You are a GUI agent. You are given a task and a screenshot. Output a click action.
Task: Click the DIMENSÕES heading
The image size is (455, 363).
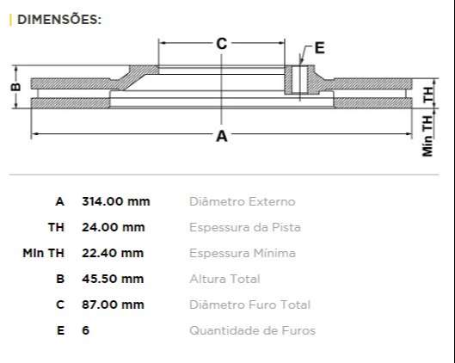tap(58, 19)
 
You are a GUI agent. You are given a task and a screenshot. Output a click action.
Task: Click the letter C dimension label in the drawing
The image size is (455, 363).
tap(221, 43)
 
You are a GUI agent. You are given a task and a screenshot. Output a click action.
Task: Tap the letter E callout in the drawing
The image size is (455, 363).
tap(319, 47)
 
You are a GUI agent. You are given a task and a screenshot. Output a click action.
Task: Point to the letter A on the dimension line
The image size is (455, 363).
tap(221, 136)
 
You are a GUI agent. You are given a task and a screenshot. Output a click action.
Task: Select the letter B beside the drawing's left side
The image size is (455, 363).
tap(14, 88)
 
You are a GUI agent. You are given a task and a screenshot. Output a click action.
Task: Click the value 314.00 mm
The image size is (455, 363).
tap(115, 201)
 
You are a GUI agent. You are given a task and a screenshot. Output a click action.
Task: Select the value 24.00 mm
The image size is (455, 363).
tap(113, 227)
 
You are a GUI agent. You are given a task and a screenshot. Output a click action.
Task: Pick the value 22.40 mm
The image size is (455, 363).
tap(113, 253)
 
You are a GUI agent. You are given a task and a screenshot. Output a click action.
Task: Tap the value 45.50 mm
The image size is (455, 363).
tap(113, 279)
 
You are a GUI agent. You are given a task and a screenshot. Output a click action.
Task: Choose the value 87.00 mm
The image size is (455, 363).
tap(113, 305)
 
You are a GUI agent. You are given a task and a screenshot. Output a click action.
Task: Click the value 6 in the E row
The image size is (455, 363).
tap(85, 330)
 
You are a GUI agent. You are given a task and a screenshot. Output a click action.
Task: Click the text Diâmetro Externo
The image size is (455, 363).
tap(242, 201)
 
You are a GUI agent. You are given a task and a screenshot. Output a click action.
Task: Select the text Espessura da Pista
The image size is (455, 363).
tap(244, 227)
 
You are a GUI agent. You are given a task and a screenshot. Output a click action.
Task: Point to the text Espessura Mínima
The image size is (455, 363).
tap(242, 253)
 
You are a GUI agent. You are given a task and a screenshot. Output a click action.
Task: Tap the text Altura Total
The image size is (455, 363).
tap(224, 279)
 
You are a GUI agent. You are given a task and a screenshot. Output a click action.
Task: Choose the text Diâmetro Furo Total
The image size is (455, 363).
tap(249, 305)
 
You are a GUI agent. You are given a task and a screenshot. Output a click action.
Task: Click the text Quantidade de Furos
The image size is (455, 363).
tap(252, 330)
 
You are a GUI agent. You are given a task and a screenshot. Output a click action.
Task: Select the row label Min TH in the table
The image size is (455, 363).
tap(43, 253)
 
